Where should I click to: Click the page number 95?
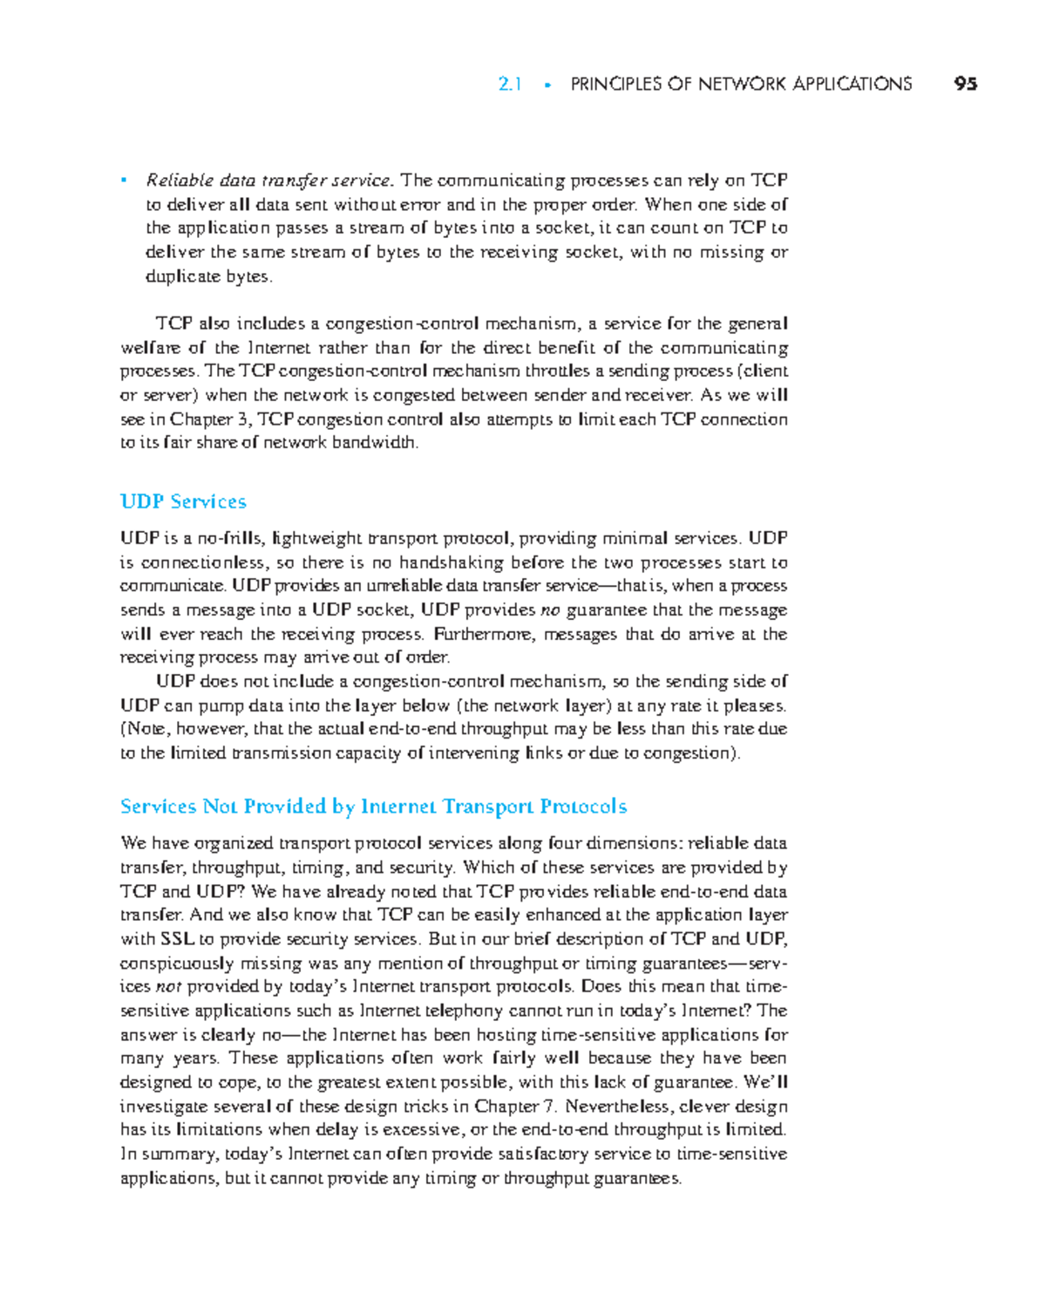965,84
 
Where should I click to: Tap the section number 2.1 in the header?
510,84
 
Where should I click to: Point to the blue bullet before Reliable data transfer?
125,180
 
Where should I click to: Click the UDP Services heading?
183,501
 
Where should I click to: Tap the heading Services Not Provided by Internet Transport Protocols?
373,806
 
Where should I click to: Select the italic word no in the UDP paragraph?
550,610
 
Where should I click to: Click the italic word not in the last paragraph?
168,986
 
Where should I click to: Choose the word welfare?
151,347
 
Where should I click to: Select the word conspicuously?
177,964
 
